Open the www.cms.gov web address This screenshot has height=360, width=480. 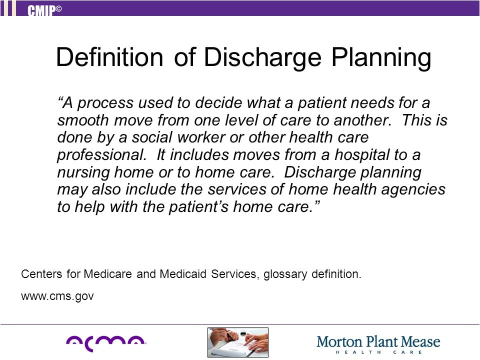pos(57,296)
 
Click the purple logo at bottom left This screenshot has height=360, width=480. pos(106,341)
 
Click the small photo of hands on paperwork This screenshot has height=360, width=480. pos(238,342)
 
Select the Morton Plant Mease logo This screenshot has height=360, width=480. pos(378,343)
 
